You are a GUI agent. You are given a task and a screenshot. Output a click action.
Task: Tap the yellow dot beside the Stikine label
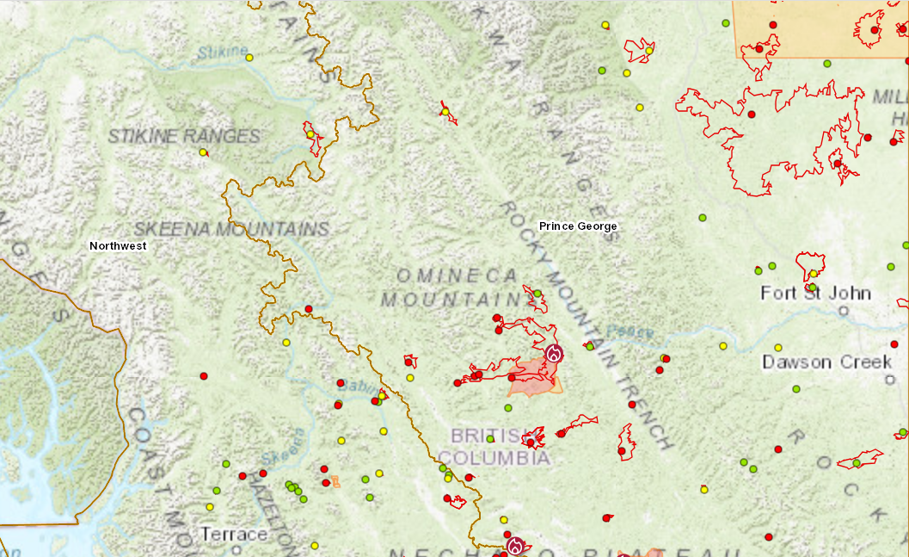(249, 58)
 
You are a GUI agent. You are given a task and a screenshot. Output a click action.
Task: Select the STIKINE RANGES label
(184, 136)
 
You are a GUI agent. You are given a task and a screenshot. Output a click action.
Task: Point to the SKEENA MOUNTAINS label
(231, 229)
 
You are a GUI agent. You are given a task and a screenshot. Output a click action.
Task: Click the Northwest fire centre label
(118, 246)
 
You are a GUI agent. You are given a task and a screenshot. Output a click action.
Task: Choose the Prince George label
(578, 226)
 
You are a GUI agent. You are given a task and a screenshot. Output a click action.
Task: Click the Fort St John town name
(815, 294)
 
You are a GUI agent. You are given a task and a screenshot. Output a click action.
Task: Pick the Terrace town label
(234, 535)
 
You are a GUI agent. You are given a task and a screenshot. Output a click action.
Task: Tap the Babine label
(353, 388)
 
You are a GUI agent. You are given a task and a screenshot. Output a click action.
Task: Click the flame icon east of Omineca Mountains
(554, 353)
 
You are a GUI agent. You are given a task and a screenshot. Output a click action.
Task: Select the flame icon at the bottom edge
(515, 546)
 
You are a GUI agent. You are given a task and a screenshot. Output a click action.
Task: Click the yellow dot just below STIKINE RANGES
(203, 152)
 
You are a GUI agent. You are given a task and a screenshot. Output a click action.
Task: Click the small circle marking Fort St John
(844, 311)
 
